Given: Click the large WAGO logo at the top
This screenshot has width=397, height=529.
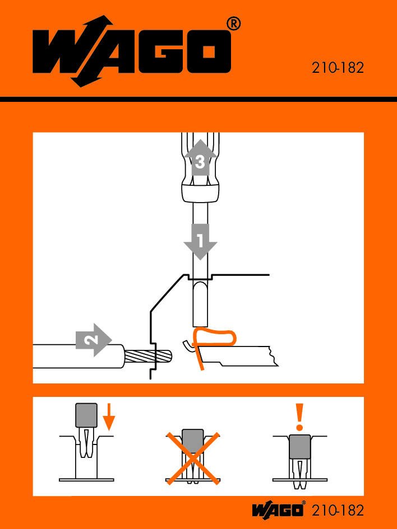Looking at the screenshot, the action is click(x=132, y=52).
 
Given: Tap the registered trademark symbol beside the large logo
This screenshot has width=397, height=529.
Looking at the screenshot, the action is click(x=233, y=25).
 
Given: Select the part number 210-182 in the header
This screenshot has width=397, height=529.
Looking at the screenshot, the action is click(x=338, y=68).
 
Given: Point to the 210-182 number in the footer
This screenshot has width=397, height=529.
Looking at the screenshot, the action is click(x=338, y=511).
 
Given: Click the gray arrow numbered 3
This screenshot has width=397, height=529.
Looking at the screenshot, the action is click(x=200, y=157).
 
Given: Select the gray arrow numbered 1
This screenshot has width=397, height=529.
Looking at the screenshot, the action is click(x=200, y=242).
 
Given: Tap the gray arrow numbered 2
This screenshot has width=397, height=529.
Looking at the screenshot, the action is click(x=94, y=340).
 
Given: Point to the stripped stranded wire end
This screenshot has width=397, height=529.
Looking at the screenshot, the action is click(x=148, y=356).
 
